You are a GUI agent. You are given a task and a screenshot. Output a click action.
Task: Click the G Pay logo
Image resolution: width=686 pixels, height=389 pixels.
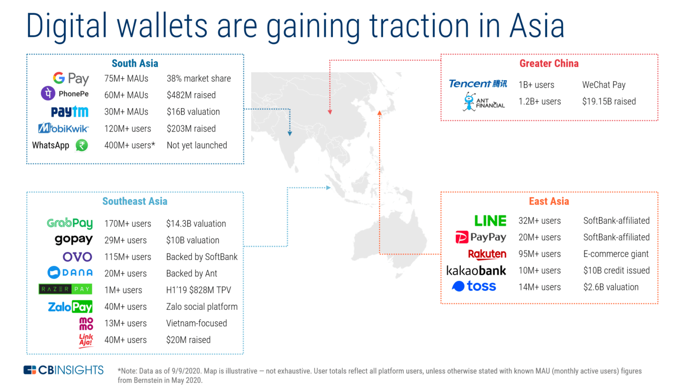71,79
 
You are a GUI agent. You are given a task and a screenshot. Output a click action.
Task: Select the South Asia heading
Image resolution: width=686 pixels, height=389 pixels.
135,63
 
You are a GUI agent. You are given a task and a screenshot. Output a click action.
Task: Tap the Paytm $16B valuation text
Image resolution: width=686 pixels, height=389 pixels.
193,112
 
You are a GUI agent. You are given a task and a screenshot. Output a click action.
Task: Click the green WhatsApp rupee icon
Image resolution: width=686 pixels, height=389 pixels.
82,145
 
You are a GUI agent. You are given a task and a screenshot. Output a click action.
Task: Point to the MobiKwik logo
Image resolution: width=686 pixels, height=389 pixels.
63,129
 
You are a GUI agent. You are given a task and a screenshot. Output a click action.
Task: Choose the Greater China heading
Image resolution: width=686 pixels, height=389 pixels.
549,63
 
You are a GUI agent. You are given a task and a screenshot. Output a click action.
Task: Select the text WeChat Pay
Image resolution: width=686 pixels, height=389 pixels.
604,85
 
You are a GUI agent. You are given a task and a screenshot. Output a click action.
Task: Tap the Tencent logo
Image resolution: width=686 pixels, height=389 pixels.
478,84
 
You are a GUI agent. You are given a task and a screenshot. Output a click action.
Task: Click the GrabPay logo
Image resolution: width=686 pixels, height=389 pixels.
70,224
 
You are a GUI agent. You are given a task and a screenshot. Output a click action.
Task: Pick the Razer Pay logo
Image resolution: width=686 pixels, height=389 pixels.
65,289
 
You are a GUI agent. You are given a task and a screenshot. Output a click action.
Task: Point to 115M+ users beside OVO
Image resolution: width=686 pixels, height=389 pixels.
128,257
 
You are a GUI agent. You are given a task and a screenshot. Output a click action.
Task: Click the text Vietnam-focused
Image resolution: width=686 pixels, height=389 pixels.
196,323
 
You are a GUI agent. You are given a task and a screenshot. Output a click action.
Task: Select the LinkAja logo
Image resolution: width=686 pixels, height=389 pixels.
86,340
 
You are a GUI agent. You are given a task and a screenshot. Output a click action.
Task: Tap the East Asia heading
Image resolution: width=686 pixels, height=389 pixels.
549,201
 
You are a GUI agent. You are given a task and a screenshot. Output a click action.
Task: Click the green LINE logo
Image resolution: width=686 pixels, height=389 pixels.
490,221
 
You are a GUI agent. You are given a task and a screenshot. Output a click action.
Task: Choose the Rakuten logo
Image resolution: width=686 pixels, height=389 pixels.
487,254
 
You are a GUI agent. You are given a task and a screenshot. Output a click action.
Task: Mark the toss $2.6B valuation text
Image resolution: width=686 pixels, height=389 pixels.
611,287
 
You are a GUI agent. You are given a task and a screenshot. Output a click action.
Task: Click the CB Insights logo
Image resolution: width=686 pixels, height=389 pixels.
64,370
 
